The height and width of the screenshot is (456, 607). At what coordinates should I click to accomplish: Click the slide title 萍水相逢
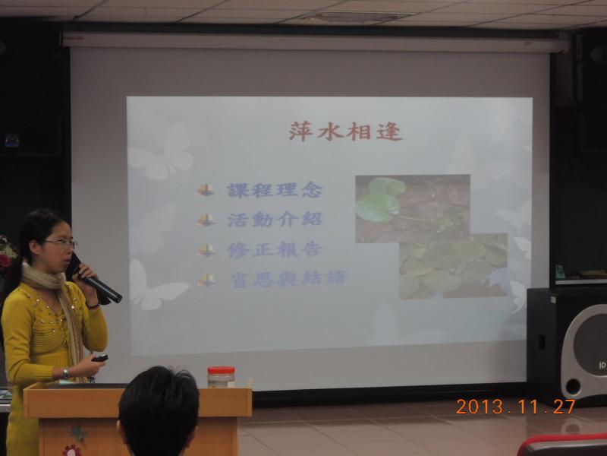pos(345,131)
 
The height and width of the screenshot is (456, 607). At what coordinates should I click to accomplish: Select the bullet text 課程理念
pos(275,191)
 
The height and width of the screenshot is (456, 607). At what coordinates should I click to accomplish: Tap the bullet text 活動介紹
pos(275,220)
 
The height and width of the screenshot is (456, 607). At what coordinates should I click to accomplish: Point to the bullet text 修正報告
pos(275,250)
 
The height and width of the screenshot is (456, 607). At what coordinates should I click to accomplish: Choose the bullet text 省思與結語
pos(288,279)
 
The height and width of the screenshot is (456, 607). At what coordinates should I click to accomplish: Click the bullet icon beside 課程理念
pos(206,190)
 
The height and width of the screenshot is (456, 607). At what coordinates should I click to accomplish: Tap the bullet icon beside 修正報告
pos(206,250)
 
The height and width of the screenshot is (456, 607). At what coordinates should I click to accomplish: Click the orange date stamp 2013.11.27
pos(515,407)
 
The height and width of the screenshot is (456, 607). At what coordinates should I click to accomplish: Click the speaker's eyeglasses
pos(61,243)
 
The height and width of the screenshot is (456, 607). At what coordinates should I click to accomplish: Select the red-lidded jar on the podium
pos(221,377)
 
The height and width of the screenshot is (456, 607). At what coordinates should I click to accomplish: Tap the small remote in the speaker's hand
pos(99,358)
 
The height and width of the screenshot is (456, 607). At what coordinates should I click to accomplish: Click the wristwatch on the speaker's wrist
pos(66,373)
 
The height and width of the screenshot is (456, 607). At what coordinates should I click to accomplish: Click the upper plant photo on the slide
pos(413,208)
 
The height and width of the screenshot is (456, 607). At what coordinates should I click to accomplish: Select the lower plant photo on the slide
pos(453,266)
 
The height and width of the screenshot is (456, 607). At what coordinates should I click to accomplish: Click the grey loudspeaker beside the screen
pos(583,352)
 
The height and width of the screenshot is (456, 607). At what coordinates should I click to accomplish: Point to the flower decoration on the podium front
pos(73,451)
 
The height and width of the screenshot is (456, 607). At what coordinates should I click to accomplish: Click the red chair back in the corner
pos(562,445)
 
